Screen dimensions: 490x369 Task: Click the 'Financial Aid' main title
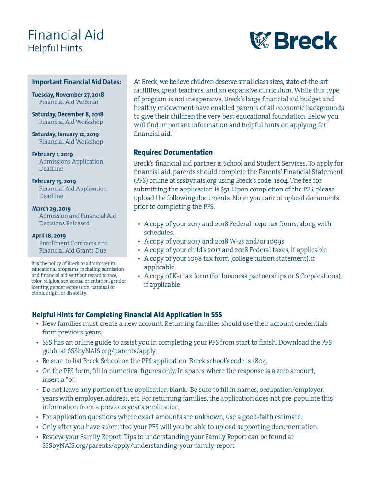pyautogui.click(x=66, y=35)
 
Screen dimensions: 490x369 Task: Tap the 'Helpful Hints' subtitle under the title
pyautogui.click(x=55, y=48)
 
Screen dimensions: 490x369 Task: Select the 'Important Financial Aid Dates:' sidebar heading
pyautogui.click(x=76, y=82)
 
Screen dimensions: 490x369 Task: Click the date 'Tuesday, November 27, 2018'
pyautogui.click(x=68, y=95)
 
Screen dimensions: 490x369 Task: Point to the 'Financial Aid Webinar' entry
pyautogui.click(x=69, y=102)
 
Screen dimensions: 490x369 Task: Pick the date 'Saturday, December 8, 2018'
pyautogui.click(x=68, y=114)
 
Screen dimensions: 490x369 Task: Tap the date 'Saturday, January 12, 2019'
pyautogui.click(x=65, y=134)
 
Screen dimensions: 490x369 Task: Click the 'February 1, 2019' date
pyautogui.click(x=53, y=154)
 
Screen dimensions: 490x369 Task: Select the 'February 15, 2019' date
pyautogui.click(x=54, y=181)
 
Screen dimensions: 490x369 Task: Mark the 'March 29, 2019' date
pyautogui.click(x=51, y=209)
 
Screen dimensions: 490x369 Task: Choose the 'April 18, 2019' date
pyautogui.click(x=49, y=236)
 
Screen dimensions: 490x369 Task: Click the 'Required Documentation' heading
pyautogui.click(x=173, y=152)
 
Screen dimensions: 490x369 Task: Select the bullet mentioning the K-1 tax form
pyautogui.click(x=242, y=276)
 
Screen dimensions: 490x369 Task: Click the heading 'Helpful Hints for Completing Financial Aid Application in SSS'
pyautogui.click(x=127, y=315)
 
